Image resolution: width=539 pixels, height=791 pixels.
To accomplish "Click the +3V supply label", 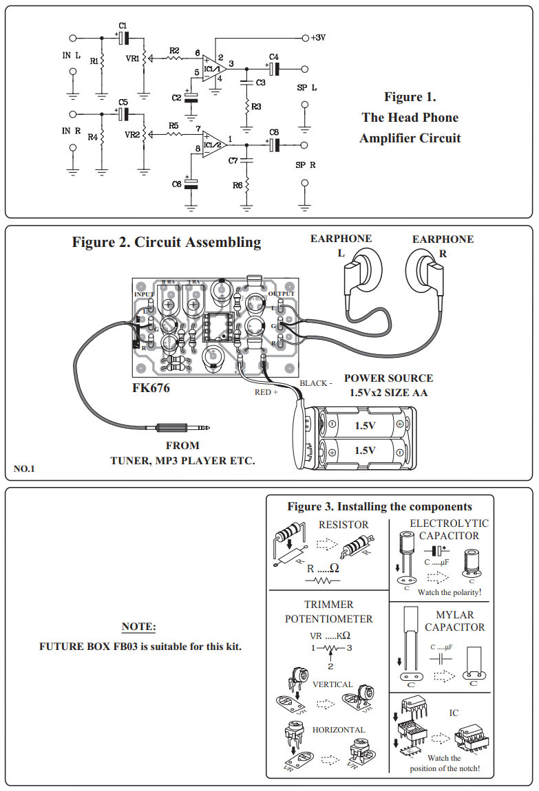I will [318, 38].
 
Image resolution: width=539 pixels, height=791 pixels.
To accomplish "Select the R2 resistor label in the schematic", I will [174, 51].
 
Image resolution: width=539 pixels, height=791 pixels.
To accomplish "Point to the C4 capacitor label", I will [273, 56].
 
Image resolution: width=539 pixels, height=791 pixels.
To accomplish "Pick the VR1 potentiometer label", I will [131, 59].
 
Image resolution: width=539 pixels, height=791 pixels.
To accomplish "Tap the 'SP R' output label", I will [304, 165].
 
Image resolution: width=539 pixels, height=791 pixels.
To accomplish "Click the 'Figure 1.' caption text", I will [410, 97].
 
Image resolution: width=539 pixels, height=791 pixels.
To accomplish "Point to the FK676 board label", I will [151, 388].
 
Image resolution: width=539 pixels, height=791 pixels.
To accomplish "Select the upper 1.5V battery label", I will [365, 426].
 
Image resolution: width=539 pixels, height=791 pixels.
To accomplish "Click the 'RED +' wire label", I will [266, 392].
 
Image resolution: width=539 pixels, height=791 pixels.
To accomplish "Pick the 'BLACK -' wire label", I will [316, 382].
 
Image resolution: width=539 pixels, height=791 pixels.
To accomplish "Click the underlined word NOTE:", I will [139, 627].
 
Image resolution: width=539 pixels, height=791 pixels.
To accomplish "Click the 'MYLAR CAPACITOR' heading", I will [454, 621].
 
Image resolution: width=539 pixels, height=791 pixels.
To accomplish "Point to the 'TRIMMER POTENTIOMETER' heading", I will [328, 611].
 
